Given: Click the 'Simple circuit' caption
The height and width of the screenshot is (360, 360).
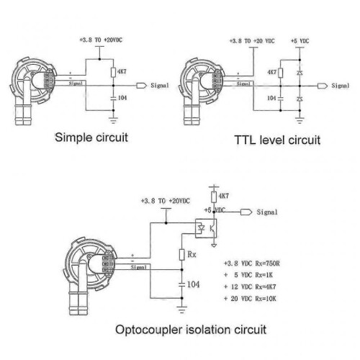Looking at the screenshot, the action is pos(91,138).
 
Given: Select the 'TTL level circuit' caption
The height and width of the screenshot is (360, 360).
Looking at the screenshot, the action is pos(277,140).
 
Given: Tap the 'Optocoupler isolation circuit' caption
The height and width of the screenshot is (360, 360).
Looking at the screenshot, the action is pos(191,330).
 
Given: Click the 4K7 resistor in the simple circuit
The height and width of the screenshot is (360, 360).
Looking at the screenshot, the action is pos(113,72).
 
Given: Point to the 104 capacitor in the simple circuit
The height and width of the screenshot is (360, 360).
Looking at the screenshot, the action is pos(113,98).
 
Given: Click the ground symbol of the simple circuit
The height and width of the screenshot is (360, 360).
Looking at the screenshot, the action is pos(113,120).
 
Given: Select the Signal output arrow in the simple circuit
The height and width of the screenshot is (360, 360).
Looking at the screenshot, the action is pos(141,86).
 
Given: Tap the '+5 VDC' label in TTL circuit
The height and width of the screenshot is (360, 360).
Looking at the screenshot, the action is pos(300,41).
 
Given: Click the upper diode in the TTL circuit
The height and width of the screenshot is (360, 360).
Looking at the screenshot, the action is pos(300,73).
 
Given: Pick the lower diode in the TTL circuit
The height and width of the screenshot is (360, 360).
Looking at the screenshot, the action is pos(300,99).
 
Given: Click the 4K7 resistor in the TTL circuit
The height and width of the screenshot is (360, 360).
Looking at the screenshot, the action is pos(280,73).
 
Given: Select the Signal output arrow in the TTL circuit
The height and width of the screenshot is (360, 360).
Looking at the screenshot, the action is pos(323,86).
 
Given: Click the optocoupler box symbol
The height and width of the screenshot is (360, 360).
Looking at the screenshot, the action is pos(206,228).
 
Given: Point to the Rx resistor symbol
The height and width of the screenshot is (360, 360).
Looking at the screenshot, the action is pos(182,255).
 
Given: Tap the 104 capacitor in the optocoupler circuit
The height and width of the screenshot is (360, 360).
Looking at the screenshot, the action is pos(182,284).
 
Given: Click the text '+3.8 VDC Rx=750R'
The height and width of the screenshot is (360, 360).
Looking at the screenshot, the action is pos(252,264).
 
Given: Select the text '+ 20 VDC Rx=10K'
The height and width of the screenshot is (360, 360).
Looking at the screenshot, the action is pos(250,299).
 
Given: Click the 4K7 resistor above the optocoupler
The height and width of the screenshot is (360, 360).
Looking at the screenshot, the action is pos(214,197).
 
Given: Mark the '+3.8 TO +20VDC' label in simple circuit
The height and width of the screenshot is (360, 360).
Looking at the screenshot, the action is pos(101,40).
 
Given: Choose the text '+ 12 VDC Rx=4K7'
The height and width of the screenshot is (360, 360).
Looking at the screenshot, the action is pos(250,287).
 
